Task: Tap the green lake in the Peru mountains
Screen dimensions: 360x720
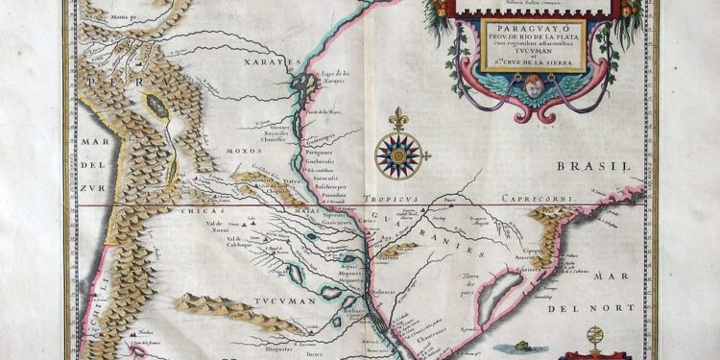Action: (156, 106)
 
